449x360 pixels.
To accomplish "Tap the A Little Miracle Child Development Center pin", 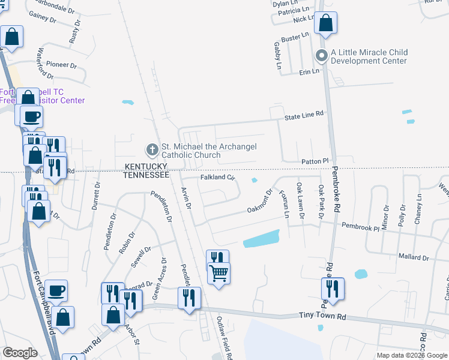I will click(x=321, y=57).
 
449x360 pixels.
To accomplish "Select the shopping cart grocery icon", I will click(x=218, y=273).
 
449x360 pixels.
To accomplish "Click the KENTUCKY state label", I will click(x=148, y=166).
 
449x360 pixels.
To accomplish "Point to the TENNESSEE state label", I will click(x=146, y=175).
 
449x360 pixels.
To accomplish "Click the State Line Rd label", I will click(x=304, y=114).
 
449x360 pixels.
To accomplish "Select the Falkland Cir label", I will click(x=216, y=178).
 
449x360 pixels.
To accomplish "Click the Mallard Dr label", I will click(x=414, y=257).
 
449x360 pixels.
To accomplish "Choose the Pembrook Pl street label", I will click(x=361, y=226).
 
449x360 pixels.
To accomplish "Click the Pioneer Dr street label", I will click(x=61, y=65).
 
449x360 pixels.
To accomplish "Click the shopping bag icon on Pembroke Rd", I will click(x=325, y=23).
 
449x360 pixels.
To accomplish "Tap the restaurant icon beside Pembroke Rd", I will click(x=331, y=289).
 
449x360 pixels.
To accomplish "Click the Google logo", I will click(x=20, y=353).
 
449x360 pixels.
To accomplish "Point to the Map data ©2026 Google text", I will click(x=411, y=355).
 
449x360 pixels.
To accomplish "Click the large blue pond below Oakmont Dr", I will click(x=262, y=239).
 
